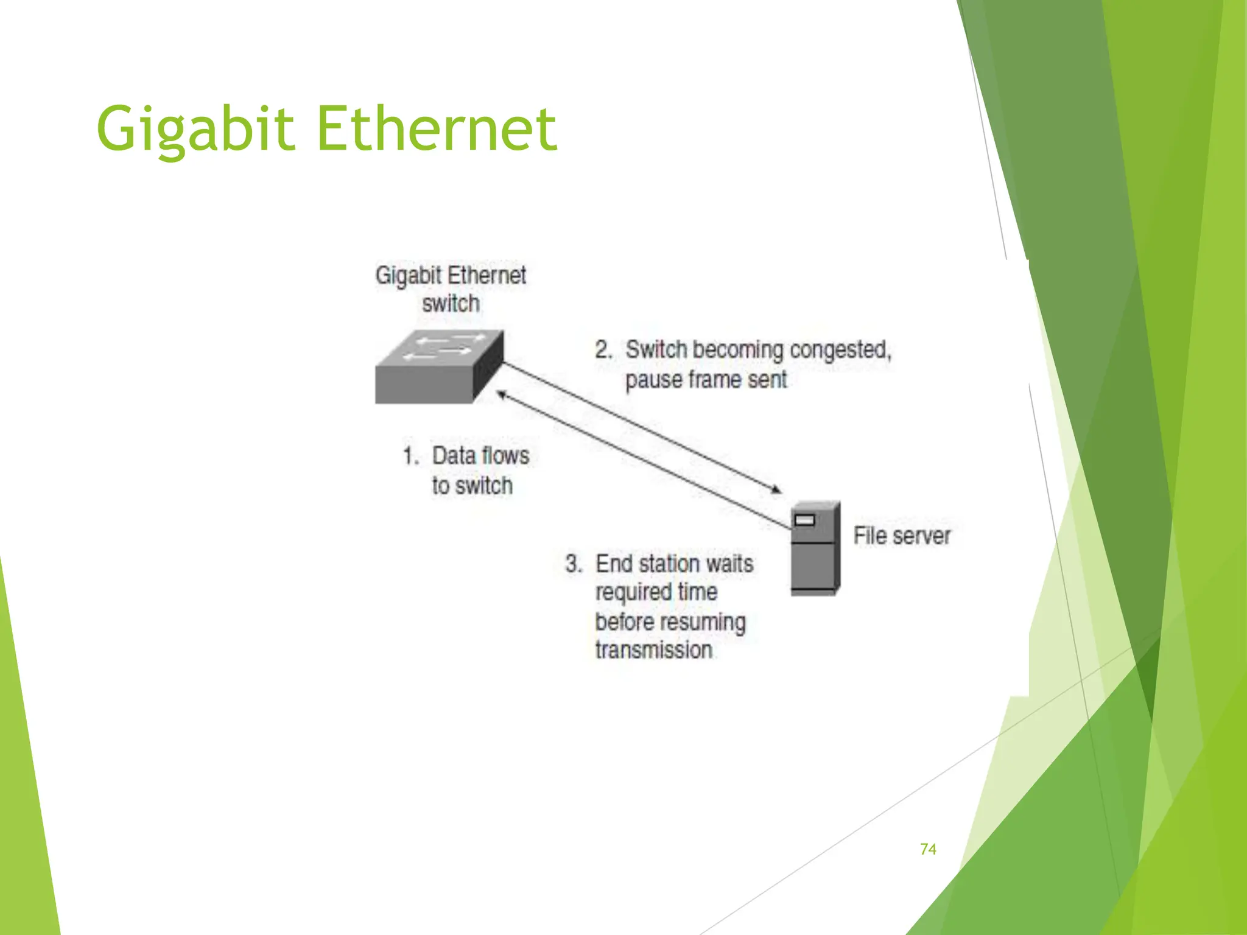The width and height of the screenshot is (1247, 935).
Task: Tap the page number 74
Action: pos(928,849)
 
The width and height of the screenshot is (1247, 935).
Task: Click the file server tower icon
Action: pos(815,547)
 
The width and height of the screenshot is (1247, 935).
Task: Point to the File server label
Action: pos(902,536)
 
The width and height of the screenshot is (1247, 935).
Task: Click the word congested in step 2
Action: pos(840,350)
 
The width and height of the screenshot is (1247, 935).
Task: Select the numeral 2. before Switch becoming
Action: pos(603,350)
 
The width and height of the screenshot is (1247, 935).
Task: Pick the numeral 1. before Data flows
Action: pos(411,456)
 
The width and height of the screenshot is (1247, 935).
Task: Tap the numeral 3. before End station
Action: pos(574,564)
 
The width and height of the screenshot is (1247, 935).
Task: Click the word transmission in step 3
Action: pos(654,650)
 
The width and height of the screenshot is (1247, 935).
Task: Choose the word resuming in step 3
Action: pos(709,622)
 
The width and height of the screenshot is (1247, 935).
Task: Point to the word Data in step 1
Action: pos(454,456)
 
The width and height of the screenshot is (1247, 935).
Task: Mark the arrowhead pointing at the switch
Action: pos(501,395)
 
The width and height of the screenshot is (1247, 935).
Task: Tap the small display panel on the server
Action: pos(805,520)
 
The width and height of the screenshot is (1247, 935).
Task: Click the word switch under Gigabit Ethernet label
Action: pos(451,303)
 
